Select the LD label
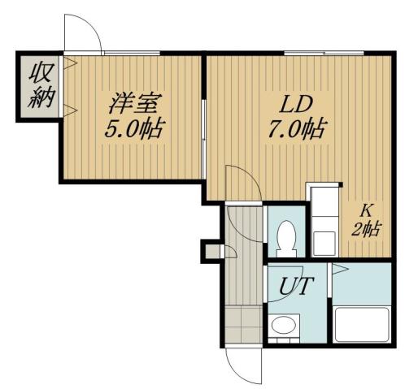coord(298,106)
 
